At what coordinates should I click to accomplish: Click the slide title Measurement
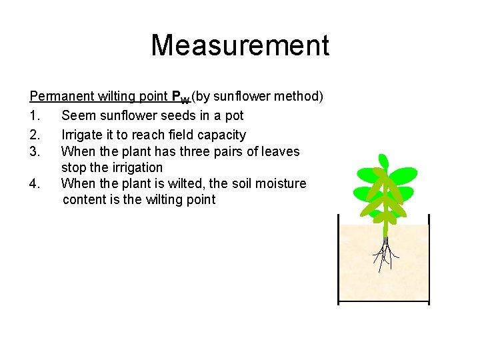(x=240, y=45)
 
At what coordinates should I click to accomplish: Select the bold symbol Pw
(x=183, y=98)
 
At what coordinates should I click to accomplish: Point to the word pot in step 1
(x=234, y=115)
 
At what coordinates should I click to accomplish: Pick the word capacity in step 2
(x=221, y=135)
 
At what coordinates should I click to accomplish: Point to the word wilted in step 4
(x=194, y=183)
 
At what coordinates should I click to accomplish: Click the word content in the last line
(x=85, y=200)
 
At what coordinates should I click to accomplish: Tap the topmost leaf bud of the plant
(x=383, y=161)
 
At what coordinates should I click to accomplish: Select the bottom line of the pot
(x=384, y=303)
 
